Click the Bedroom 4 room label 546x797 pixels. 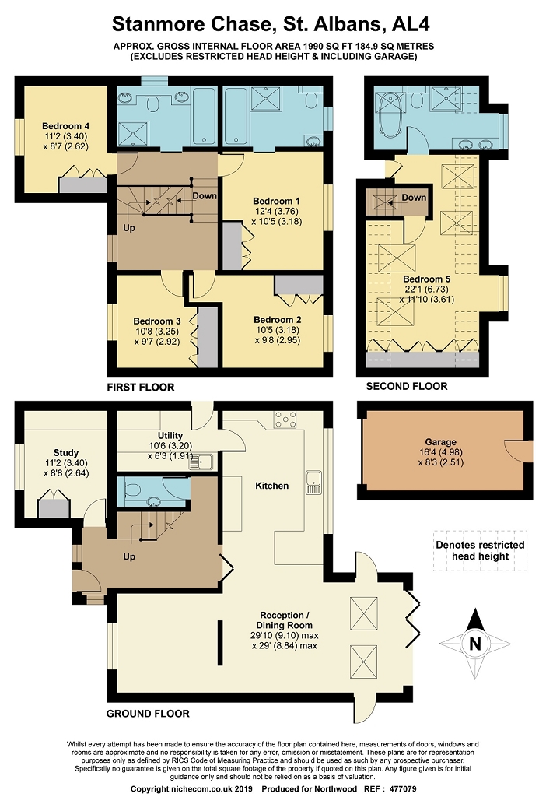(66, 125)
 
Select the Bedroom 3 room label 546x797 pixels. (156, 321)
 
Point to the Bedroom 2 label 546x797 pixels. (278, 319)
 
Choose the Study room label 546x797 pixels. (66, 452)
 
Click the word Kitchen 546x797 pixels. (271, 486)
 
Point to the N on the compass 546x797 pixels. (474, 644)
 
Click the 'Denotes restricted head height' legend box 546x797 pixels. (479, 551)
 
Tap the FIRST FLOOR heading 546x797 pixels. (140, 387)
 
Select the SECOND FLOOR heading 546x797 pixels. (407, 386)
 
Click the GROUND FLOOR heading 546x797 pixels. (148, 713)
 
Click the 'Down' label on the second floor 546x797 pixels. (414, 198)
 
